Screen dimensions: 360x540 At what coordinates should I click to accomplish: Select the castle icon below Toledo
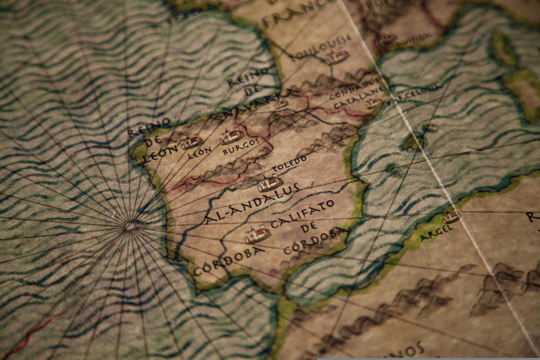point(270,184)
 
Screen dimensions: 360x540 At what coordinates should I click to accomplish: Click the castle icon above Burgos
point(231,137)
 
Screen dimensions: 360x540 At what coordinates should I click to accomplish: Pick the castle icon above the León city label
point(192,142)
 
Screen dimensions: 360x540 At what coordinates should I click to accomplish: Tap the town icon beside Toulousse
point(339,58)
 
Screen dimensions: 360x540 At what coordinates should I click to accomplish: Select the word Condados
point(354,89)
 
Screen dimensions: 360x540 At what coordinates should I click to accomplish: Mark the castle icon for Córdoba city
point(258,235)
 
